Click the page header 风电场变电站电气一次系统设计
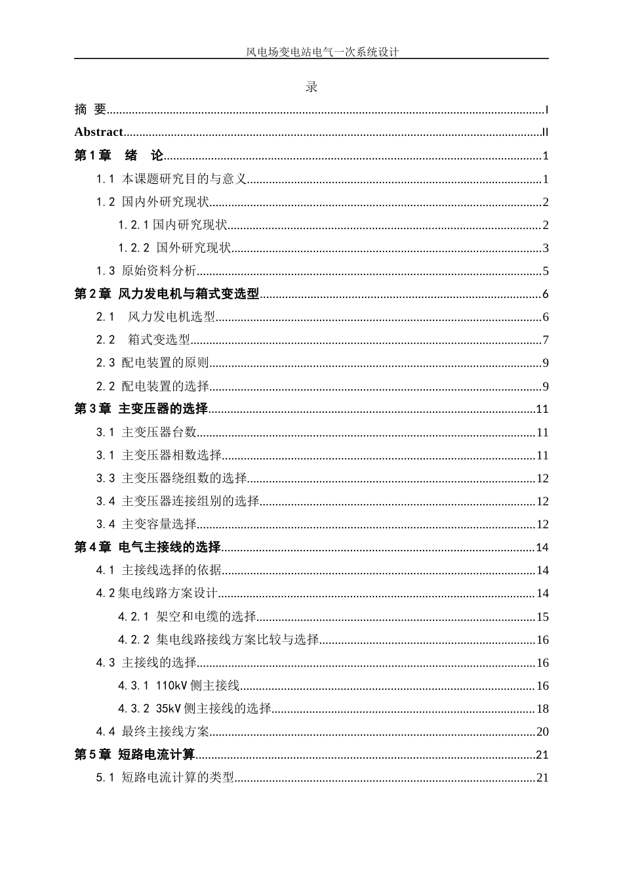point(322,52)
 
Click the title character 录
point(311,87)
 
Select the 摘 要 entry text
point(90,110)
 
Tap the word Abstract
point(98,132)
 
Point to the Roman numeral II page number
point(545,133)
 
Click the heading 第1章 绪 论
point(119,156)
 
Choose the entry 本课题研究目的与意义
point(184,179)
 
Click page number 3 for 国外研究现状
point(546,248)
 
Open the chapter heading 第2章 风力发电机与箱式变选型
point(167,294)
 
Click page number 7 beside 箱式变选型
point(546,340)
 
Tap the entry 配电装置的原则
point(165,363)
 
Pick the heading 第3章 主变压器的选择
point(141,409)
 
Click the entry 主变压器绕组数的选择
point(184,478)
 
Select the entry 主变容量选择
point(159,524)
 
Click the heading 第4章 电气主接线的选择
point(148,547)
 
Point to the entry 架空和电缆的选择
point(206,617)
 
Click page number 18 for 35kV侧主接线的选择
point(542,709)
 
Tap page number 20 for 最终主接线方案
point(542,732)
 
